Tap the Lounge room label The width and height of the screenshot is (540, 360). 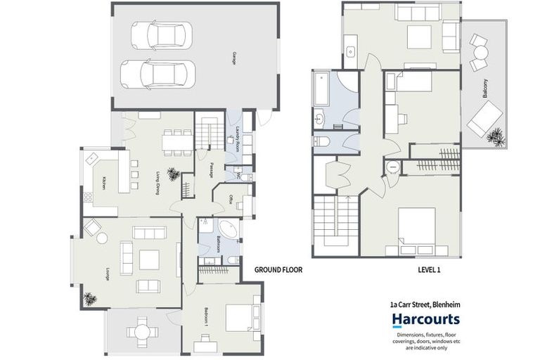pyautogui.click(x=107, y=274)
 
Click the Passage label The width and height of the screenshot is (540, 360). pyautogui.click(x=210, y=171)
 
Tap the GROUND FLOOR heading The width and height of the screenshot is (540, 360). pyautogui.click(x=278, y=269)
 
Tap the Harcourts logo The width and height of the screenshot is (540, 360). pyautogui.click(x=425, y=321)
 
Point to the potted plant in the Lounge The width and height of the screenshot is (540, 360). pyautogui.click(x=89, y=298)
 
